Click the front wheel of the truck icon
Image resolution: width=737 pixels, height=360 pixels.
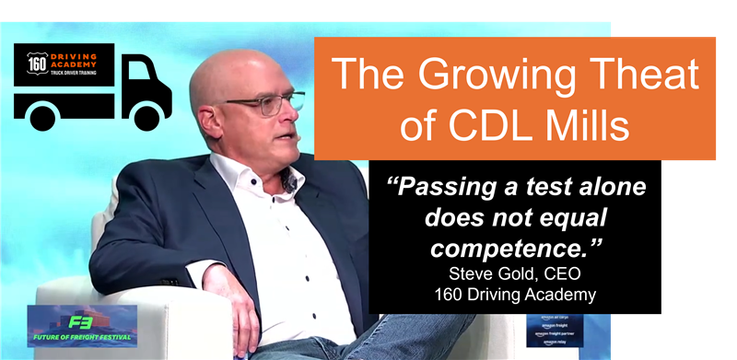[147, 116]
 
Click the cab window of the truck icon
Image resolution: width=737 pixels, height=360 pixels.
[146, 75]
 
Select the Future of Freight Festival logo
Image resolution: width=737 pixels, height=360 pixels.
[82, 325]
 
